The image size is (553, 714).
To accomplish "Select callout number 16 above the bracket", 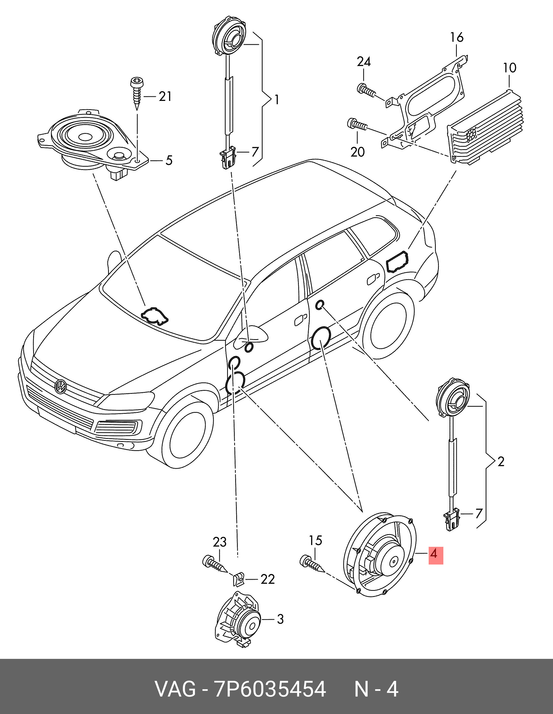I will click(x=457, y=38).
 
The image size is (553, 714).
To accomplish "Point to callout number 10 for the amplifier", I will click(x=509, y=68).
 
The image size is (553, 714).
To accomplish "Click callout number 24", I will click(x=364, y=62).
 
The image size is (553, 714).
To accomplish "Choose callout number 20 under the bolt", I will click(x=357, y=152).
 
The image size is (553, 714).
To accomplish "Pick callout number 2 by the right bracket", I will click(x=501, y=462).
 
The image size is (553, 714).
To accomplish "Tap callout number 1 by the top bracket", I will click(x=276, y=99).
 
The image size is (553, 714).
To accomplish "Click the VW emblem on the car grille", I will click(x=61, y=386).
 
